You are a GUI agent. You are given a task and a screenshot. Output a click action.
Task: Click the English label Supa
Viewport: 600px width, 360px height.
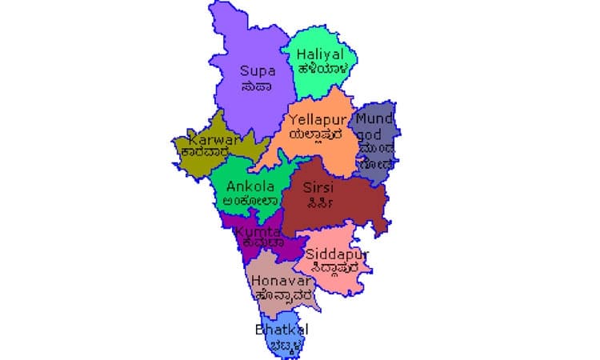(258, 70)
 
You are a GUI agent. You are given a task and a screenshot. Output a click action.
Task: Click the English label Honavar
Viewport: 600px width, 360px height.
(276, 281)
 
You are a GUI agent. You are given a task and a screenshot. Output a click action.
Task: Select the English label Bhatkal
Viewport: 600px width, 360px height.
(281, 330)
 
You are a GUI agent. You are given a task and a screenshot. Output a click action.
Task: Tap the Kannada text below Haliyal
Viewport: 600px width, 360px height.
(321, 69)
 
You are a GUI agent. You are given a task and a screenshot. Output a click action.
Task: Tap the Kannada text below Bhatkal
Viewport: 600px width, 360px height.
(281, 344)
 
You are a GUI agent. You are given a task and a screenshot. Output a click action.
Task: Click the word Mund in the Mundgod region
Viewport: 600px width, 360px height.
(374, 119)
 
